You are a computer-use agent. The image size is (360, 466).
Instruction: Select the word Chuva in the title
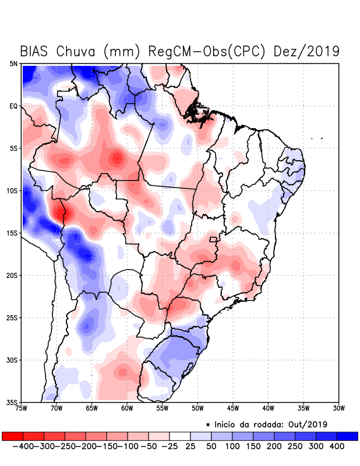pos(76,51)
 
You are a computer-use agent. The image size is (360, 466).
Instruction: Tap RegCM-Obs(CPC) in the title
pos(207,51)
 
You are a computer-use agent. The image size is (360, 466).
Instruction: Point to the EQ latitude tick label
pos(13,106)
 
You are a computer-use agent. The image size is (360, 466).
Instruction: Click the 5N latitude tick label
pos(13,63)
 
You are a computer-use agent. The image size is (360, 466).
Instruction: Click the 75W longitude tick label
pos(22,409)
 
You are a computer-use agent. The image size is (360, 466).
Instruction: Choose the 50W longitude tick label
pos(198,409)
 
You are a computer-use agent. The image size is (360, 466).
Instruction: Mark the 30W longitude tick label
pos(339,409)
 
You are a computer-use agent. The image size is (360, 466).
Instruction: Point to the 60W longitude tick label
pos(128,409)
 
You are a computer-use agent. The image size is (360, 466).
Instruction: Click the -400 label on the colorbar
pos(22,446)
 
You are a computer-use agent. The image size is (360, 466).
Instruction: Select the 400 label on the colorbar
pos(336,446)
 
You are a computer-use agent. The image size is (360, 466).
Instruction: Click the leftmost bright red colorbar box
pos(12,436)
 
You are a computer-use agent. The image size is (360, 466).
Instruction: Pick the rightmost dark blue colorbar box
pos(348,436)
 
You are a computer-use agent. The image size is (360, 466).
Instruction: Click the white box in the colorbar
pos(180,436)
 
